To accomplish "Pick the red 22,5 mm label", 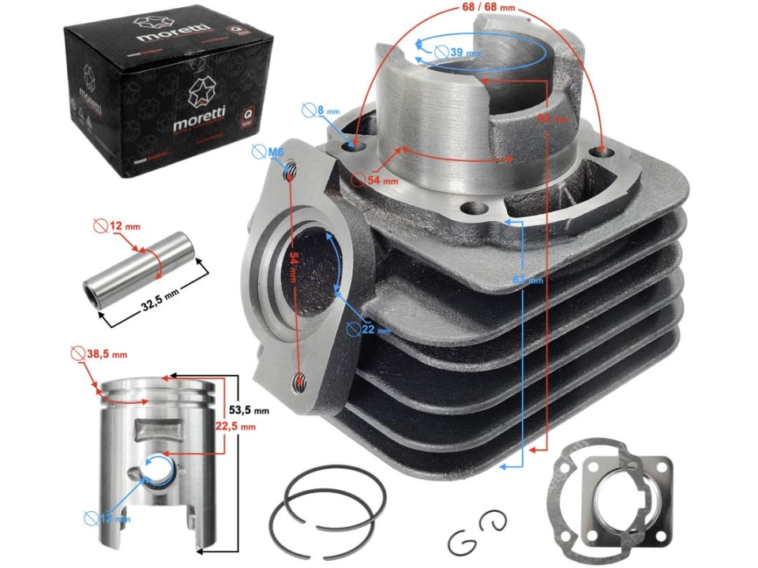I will point(238,427).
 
